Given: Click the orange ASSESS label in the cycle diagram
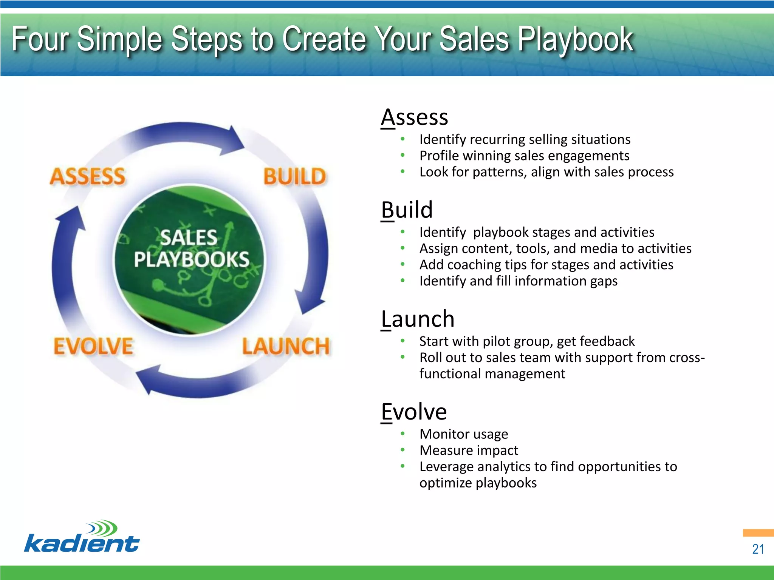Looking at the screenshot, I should (x=88, y=177).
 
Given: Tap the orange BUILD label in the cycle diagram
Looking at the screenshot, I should (x=294, y=177).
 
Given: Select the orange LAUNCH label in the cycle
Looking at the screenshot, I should (x=286, y=346).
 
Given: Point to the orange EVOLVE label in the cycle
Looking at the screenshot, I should (x=93, y=346).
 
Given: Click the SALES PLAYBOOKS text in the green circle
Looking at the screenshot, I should (x=191, y=248).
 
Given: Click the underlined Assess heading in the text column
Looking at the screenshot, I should (x=414, y=117).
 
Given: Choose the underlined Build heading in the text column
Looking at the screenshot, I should (x=407, y=210).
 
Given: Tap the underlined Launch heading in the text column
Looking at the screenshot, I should (x=417, y=319).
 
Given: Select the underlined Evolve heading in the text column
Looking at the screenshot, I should (x=414, y=412).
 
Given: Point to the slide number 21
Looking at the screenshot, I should (x=758, y=549).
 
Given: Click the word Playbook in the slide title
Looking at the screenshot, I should (x=575, y=40).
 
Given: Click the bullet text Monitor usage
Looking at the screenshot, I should (x=463, y=434).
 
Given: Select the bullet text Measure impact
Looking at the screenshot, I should (x=469, y=450).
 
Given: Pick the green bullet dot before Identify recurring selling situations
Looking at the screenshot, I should (x=403, y=139).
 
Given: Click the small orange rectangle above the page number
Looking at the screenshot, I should (x=758, y=533).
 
